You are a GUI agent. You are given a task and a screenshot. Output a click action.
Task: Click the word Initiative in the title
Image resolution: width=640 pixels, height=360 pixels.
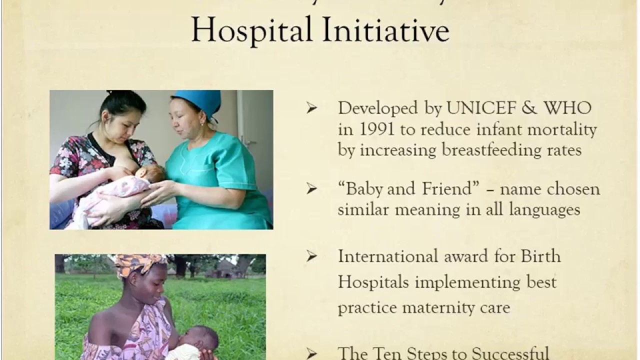click(x=385, y=29)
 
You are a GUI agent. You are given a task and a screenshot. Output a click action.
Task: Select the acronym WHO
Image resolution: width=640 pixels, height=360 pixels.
click(x=567, y=108)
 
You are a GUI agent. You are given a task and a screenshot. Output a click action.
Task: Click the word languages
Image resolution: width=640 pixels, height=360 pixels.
click(x=544, y=209)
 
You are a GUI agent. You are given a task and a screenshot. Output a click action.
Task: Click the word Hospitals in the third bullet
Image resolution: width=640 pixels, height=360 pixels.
click(x=372, y=282)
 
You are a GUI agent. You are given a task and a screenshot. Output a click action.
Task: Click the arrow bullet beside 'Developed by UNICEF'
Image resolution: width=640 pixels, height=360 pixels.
click(x=312, y=108)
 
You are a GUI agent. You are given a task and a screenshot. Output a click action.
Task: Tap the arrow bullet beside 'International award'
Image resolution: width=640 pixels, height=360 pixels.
click(x=312, y=256)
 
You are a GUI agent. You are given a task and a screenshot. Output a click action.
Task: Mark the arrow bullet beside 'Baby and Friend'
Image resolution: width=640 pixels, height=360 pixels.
click(x=312, y=189)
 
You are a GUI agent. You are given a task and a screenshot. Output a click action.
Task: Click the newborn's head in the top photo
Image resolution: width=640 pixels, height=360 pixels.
click(x=152, y=173)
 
